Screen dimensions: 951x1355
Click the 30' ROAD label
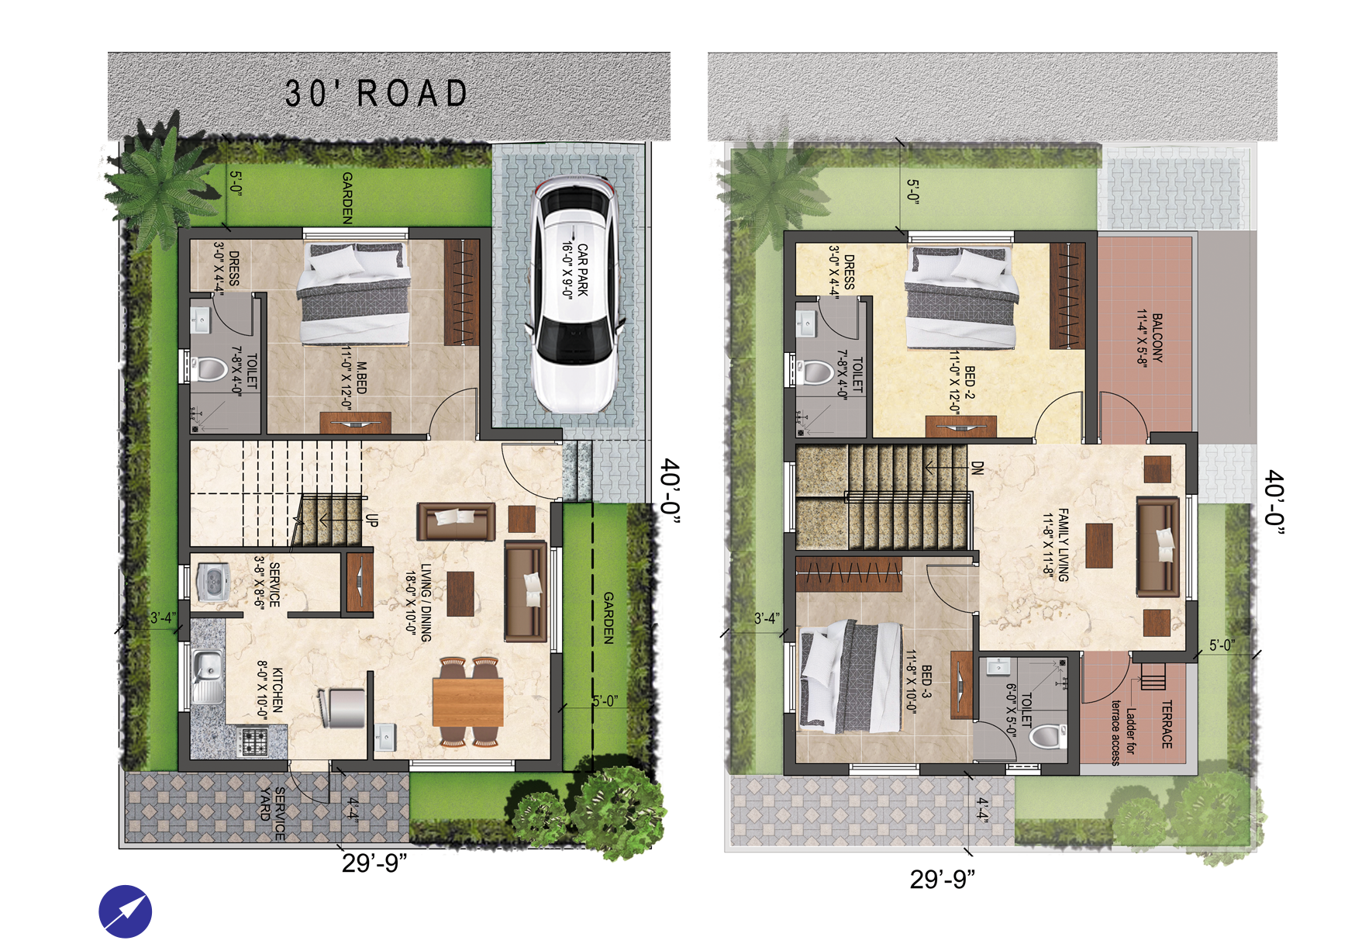click(377, 94)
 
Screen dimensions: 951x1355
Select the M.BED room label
click(353, 378)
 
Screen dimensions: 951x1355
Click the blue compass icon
click(126, 911)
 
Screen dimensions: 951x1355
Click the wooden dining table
click(468, 701)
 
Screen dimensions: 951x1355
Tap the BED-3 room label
click(919, 682)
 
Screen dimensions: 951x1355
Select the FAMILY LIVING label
click(1056, 545)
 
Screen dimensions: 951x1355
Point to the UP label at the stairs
click(372, 520)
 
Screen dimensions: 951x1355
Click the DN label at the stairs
click(977, 468)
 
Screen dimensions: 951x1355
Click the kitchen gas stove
click(254, 742)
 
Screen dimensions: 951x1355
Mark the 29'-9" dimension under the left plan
click(374, 863)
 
